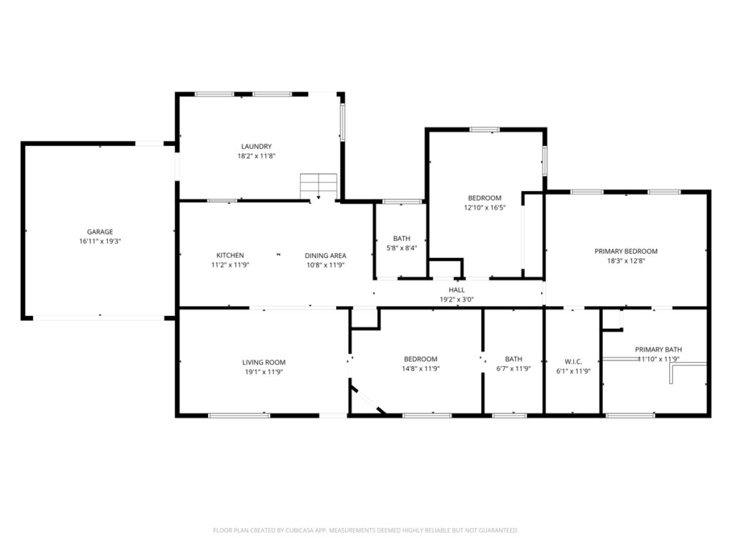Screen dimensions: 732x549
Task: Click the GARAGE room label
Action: [x=100, y=232]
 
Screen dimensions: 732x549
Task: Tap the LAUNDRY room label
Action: [x=257, y=146]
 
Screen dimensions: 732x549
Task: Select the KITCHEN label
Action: [x=230, y=255]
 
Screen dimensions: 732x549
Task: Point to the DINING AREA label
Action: [x=325, y=255]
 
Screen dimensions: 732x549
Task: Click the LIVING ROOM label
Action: [x=264, y=362]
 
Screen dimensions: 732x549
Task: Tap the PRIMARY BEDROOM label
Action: [x=626, y=251]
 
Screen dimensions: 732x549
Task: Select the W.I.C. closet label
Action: [x=573, y=362]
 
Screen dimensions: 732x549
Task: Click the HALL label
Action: [x=457, y=290]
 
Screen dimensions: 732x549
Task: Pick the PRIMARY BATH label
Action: [x=658, y=349]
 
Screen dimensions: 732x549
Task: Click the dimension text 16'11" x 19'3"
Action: [x=100, y=242]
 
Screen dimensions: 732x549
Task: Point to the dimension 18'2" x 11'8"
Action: [x=257, y=156]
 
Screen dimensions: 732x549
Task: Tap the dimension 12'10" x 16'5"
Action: [x=485, y=207]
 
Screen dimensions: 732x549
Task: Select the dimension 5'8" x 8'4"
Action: [x=402, y=248]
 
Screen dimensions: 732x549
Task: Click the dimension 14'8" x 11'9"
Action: [x=420, y=368]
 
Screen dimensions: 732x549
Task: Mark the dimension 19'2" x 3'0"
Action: [x=457, y=300]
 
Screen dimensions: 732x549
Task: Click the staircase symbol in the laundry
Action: [x=318, y=186]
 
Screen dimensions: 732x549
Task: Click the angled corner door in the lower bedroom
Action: [x=368, y=400]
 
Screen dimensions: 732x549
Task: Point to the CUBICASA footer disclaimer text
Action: [x=365, y=530]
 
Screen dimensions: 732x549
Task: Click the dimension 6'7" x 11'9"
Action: [x=513, y=368]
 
